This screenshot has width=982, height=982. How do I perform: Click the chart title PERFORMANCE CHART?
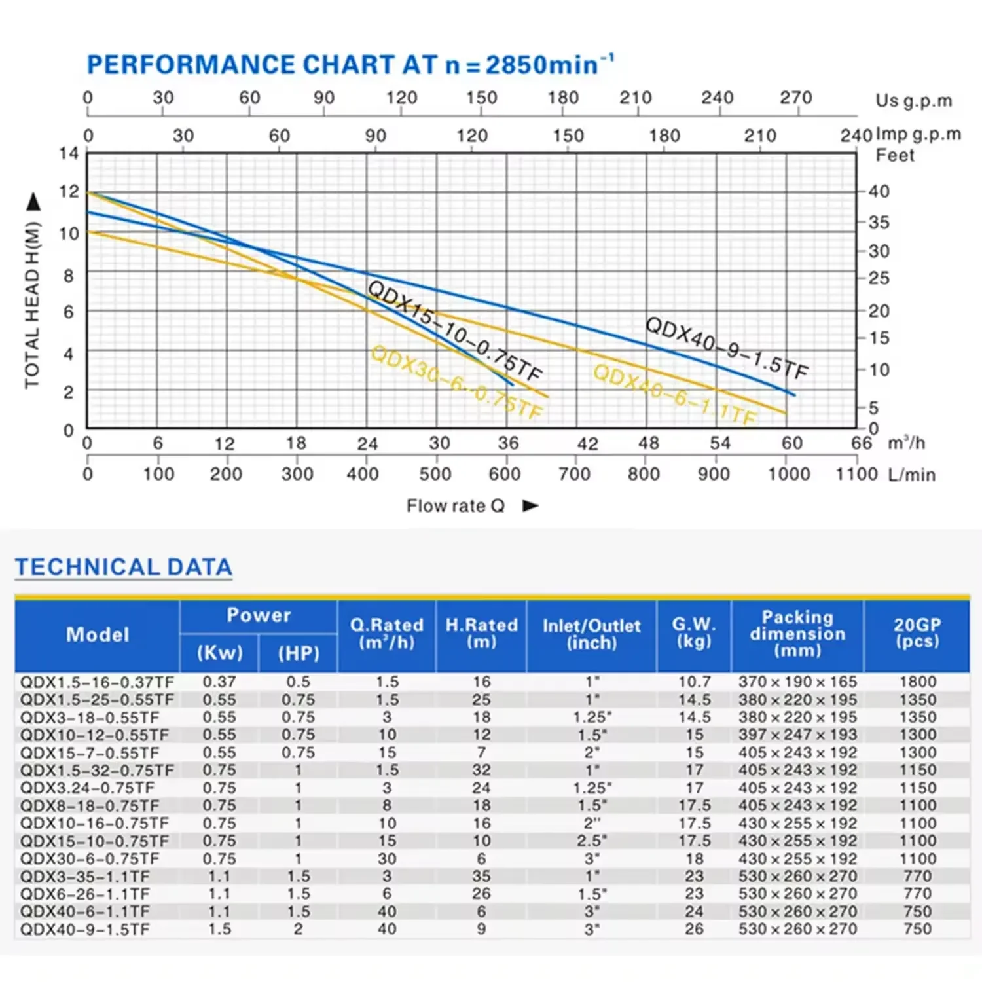pos(262,65)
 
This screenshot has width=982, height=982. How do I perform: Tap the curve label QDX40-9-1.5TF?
pos(727,348)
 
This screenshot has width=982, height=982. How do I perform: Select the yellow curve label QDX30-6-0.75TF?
pos(456,382)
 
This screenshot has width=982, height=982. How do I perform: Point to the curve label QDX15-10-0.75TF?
pos(455,331)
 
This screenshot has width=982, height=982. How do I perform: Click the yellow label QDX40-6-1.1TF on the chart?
pos(675,395)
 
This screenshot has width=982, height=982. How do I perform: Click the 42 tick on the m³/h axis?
pos(587,444)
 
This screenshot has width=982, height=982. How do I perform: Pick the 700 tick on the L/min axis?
pos(574,474)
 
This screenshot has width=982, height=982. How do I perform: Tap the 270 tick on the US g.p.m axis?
pos(795,98)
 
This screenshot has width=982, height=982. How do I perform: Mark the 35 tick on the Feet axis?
pos(879,222)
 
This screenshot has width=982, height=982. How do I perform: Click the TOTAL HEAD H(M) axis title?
pos(33,304)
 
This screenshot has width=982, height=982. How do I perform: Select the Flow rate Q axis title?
pos(456,506)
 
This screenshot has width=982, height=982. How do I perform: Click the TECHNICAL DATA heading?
pos(124,568)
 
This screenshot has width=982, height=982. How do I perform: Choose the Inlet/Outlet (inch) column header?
pos(591,634)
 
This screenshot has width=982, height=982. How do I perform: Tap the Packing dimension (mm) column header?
pos(797,634)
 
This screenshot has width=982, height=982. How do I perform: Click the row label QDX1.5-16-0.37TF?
pos(97,682)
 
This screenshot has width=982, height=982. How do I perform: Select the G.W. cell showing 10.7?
pos(694,682)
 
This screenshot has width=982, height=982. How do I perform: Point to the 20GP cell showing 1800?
pos(917,682)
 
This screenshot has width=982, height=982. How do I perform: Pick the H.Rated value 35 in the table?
pos(481,877)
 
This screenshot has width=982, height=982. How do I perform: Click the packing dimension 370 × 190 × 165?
pos(797,682)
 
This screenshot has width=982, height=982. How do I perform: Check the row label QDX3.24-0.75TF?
pos(87,788)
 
